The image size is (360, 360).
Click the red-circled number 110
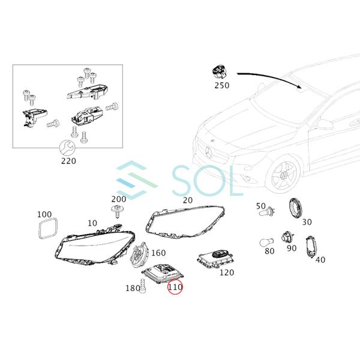pos(175,287)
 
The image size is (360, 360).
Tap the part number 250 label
pos(222,85)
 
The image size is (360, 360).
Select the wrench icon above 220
pos(67,148)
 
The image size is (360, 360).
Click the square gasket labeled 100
pos(48,229)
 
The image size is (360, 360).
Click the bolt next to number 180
pos(143,286)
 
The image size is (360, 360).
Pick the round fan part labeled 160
pos(140,254)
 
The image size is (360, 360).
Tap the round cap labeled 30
pos(296,208)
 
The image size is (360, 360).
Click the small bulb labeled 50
pos(267,211)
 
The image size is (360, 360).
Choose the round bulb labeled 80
pos(266,242)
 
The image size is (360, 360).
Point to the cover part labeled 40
pos(312,247)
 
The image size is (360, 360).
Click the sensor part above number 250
pos(220,71)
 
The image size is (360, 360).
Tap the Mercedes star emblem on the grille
pos(209,152)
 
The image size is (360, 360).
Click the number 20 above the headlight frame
pos(188,200)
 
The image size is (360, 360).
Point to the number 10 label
pos(92,223)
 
